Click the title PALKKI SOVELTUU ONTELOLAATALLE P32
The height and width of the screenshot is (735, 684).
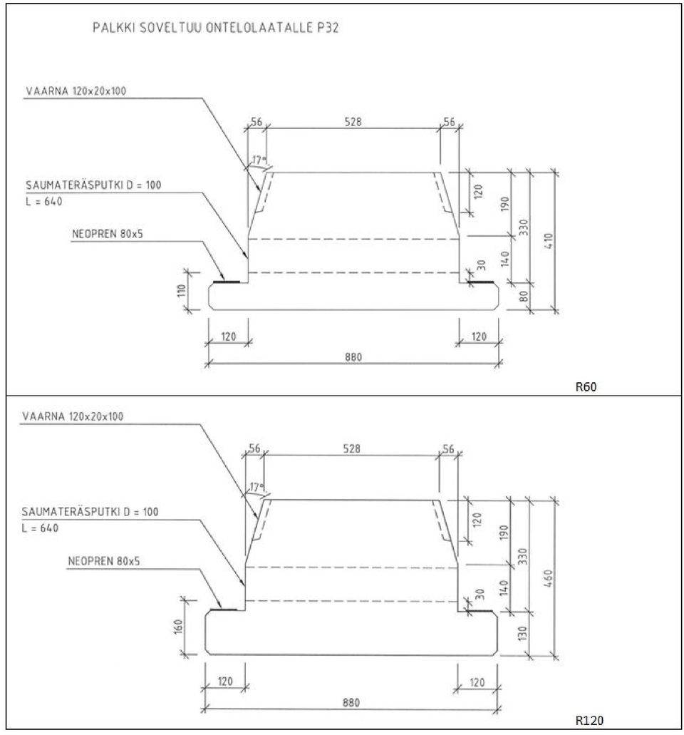pos(215,28)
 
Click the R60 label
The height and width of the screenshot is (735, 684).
pos(586,386)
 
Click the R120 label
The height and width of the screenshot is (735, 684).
pos(589,720)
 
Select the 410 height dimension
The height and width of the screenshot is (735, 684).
pos(549,241)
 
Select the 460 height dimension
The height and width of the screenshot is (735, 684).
pos(549,578)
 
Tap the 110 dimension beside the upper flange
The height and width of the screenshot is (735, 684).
pos(182,291)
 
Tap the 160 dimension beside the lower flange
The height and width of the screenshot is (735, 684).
pos(178,626)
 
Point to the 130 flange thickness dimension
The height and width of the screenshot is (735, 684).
pos(523,633)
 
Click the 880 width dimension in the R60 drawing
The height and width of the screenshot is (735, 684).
pos(353,357)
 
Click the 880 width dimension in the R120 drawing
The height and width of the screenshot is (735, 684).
pos(351,703)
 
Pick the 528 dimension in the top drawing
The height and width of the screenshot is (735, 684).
pos(353,122)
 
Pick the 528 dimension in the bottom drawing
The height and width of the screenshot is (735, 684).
pos(352,448)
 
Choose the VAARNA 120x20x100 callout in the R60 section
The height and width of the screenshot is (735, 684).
pos(76,91)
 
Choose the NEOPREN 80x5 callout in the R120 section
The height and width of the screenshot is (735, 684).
pos(104,561)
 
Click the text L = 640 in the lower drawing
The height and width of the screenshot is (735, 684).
pos(41,528)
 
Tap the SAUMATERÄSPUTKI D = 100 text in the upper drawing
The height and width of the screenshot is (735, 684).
pos(93,185)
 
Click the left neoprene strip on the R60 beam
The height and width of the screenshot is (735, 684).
pos(227,282)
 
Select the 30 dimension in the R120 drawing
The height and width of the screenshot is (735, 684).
pos(480,594)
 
